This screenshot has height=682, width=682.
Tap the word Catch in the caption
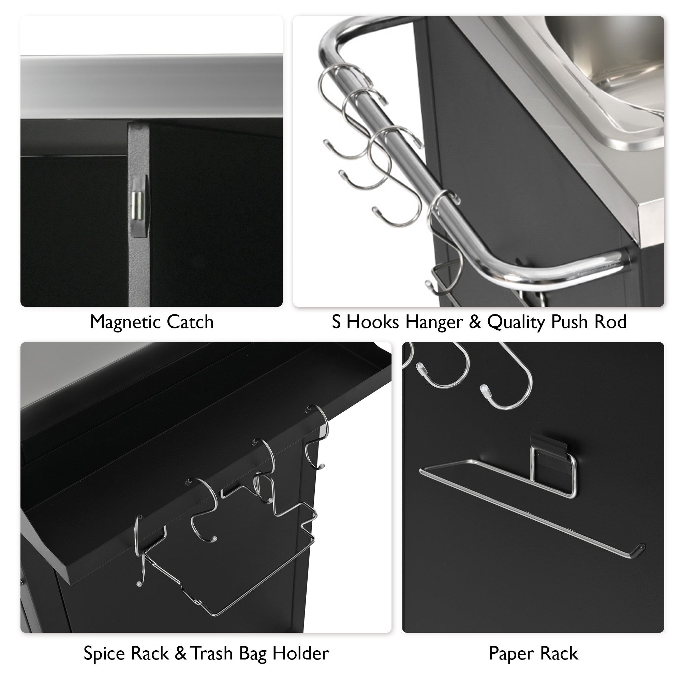[x=190, y=322]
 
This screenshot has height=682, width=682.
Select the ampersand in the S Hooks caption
[x=475, y=322]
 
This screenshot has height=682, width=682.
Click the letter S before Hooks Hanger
[x=336, y=322]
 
